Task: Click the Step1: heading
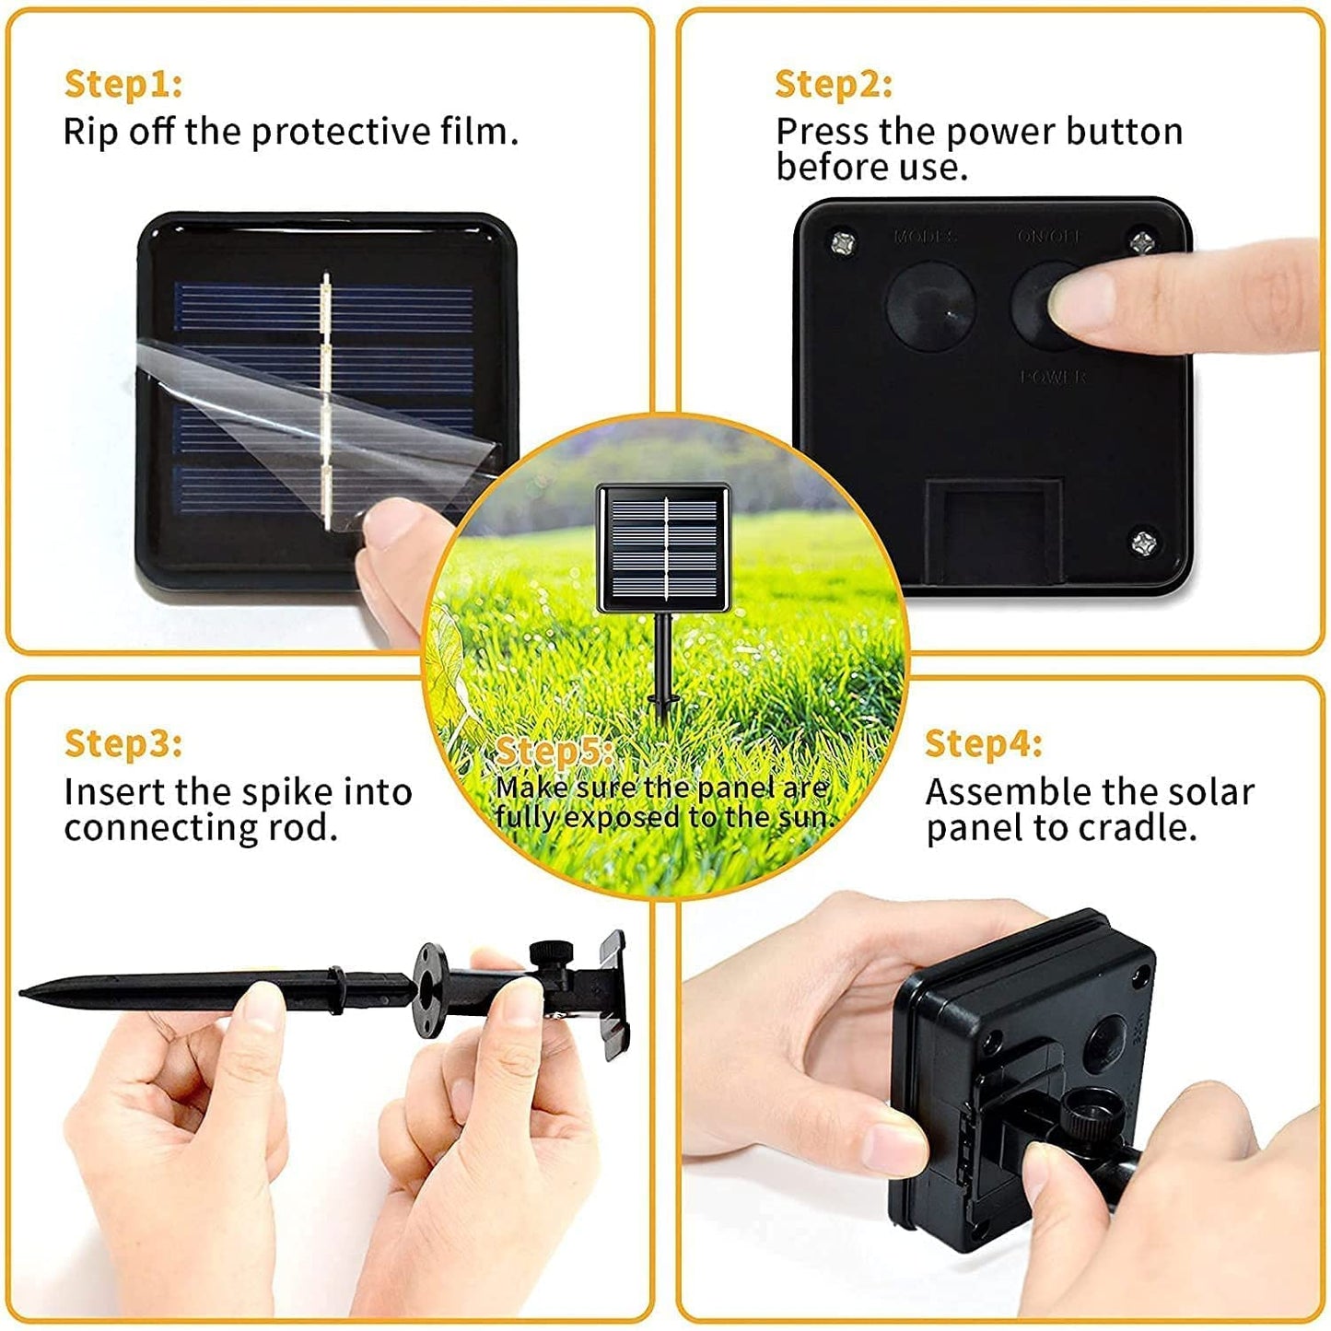[x=123, y=84]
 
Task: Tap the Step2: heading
[x=834, y=84]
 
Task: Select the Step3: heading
[x=123, y=742]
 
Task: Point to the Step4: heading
[x=983, y=742]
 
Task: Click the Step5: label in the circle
[x=555, y=752]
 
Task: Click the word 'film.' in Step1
[x=479, y=132]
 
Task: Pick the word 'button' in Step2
[x=1124, y=132]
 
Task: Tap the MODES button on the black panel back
[x=930, y=305]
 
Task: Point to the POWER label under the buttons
[x=1053, y=377]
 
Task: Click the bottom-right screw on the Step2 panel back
[x=1145, y=541]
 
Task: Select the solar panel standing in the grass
[x=663, y=549]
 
